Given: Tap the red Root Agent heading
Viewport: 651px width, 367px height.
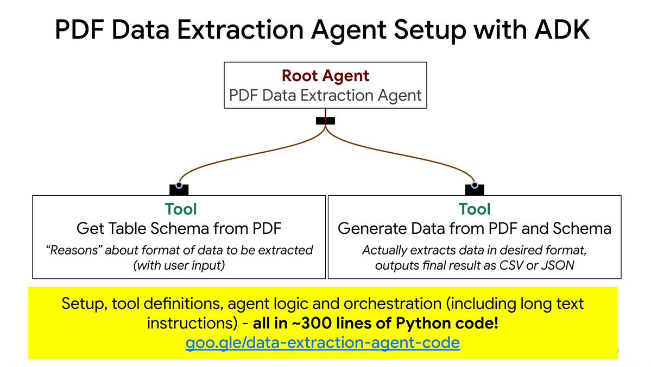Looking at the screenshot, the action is coord(325,76).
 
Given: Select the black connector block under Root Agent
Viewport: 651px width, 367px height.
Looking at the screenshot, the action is coord(325,121).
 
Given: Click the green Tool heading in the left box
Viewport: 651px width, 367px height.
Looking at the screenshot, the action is coord(181,209).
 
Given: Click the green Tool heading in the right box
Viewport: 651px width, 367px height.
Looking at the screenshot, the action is coord(475,209).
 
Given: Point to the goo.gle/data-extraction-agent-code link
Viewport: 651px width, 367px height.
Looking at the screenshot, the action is coord(323,343).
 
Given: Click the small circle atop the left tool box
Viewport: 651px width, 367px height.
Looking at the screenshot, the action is coord(179,185).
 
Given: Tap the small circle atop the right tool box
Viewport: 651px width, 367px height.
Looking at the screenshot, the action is coord(475,185).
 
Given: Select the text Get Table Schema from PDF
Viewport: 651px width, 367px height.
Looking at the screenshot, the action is coord(179,228).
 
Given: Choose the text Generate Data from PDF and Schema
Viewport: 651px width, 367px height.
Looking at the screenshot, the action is coord(475,228).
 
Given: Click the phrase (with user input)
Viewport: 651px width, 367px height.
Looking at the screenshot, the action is coord(179,265).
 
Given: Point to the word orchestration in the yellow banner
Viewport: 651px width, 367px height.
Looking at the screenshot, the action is coord(393,304).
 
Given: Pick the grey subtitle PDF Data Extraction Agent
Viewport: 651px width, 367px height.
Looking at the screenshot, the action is coord(325,96).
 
